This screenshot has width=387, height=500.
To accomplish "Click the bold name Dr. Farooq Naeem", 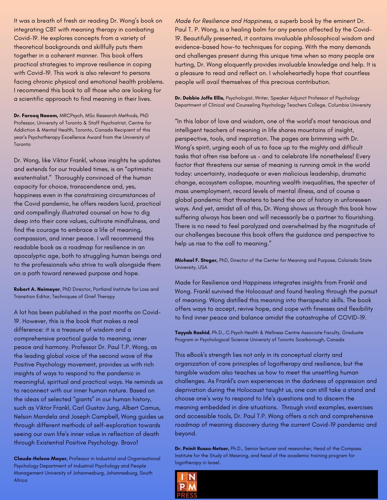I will click(36, 116).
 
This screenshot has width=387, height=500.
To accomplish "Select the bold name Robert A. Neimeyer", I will click(37, 289).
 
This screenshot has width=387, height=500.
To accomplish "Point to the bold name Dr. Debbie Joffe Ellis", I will click(199, 98).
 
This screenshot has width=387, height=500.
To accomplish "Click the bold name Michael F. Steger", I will click(196, 260).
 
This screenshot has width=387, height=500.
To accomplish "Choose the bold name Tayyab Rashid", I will click(192, 332).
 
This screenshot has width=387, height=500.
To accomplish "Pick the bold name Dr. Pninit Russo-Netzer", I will click(202, 448).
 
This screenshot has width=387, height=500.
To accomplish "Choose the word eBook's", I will click(196, 355).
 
